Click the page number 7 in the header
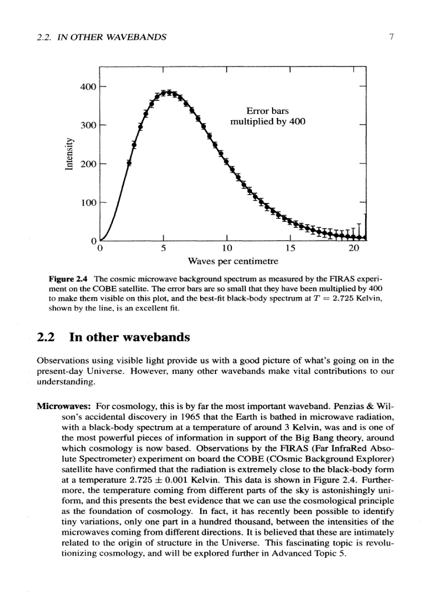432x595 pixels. tap(390, 37)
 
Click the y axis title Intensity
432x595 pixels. tap(68, 154)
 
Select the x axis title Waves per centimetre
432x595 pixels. tap(233, 261)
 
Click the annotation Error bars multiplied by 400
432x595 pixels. tap(267, 117)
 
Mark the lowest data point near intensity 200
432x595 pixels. tap(129, 163)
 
